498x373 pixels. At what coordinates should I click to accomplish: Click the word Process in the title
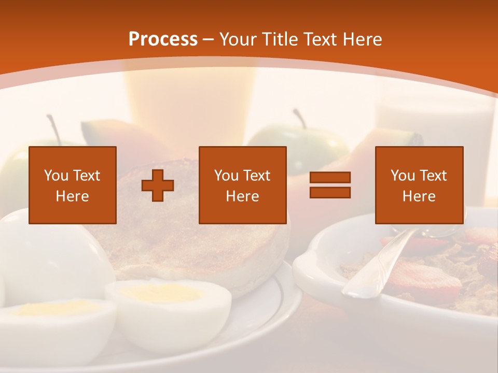163,39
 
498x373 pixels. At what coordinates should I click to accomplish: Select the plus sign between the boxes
158,185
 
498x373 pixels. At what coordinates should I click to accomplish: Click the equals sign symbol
330,185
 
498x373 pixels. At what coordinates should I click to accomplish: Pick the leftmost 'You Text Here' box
73,185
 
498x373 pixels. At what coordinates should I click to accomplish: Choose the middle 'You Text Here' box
242,185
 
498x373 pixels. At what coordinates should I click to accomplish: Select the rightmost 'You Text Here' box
419,185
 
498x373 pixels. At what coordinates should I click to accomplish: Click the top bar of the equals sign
330,178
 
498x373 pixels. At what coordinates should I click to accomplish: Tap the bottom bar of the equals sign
330,192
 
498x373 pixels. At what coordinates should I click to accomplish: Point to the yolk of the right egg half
161,293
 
